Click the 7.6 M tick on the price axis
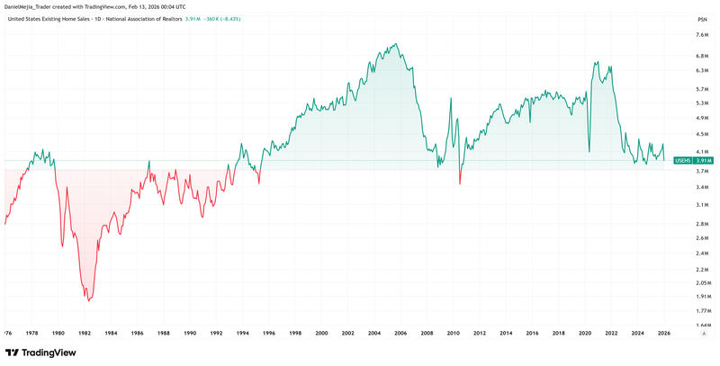704,35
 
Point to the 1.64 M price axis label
704,326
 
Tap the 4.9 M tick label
704,117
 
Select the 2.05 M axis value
704,283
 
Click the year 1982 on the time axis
85,334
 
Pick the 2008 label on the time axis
427,334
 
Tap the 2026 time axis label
663,334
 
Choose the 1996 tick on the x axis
270,334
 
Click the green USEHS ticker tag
685,160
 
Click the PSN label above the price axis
701,18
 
